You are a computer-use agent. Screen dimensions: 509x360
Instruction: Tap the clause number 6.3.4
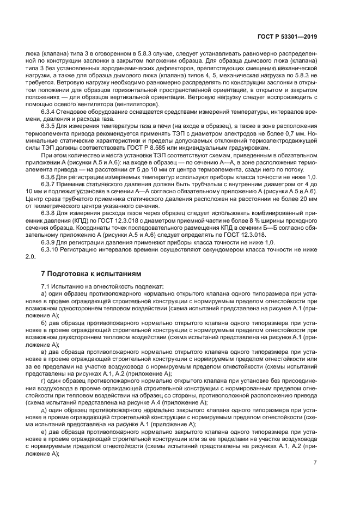pyautogui.click(x=50, y=112)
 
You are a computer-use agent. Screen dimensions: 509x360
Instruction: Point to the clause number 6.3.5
pyautogui.click(x=50, y=125)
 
